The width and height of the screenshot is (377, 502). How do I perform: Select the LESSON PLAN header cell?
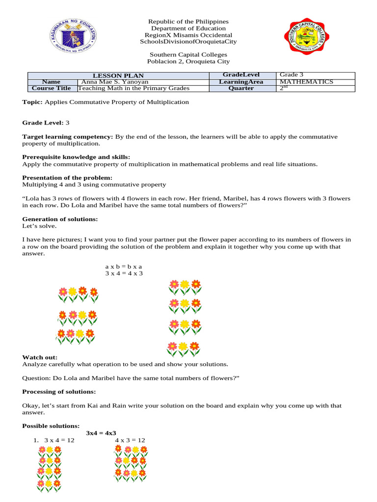[118, 75]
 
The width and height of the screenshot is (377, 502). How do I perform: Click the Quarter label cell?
[241, 89]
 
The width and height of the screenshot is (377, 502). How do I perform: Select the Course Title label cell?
[51, 89]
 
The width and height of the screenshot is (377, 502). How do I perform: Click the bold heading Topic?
[32, 102]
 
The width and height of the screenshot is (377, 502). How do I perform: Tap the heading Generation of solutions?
[60, 219]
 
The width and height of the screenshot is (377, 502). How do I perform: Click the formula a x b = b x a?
[123, 266]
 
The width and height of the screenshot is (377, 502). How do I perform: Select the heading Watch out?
[40, 357]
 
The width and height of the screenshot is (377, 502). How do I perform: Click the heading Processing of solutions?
[59, 392]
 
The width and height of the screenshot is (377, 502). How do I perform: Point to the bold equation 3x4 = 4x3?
[101, 433]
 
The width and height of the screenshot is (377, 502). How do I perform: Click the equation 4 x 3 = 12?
[130, 440]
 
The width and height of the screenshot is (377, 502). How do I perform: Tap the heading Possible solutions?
[51, 426]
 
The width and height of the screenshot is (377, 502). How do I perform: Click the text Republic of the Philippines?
[188, 22]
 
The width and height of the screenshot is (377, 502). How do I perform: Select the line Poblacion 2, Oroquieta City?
[188, 62]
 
